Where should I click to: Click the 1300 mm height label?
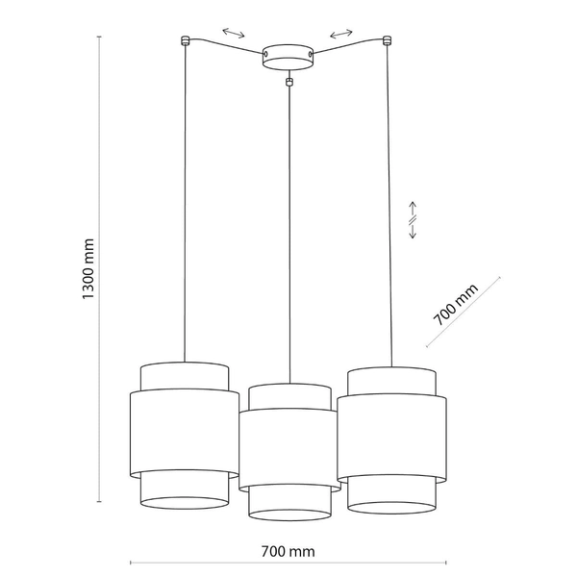(88, 270)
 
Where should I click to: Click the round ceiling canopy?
(288, 57)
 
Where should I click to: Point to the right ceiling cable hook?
(388, 40)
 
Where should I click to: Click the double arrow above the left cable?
(233, 33)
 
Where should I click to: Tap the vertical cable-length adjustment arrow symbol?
(412, 221)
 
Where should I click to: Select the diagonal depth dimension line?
(464, 313)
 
